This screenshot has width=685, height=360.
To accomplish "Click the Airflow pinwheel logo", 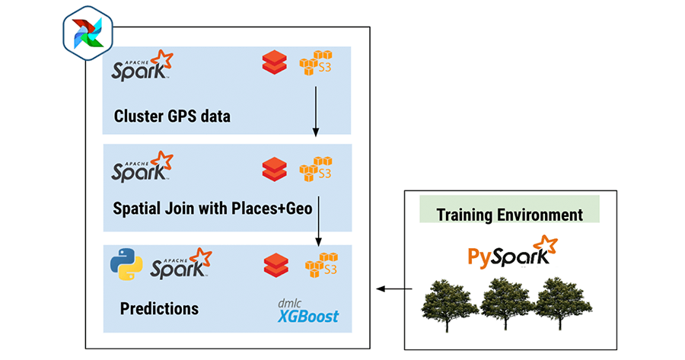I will (87, 33).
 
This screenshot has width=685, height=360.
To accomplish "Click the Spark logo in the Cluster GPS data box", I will (142, 66).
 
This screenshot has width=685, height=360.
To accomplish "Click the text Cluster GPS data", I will (172, 116).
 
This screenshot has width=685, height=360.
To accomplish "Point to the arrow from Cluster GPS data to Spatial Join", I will (316, 111).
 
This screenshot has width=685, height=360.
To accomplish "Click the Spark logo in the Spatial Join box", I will (142, 167).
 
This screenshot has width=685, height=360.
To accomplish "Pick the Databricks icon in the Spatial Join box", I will (273, 167).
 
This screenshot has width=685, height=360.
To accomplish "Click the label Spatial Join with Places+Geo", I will (212, 208).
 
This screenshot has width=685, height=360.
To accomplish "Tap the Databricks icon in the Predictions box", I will (276, 265).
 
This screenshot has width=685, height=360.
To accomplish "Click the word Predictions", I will (159, 309).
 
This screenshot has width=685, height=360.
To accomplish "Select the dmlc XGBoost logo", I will (308, 312).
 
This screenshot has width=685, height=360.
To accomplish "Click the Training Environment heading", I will (509, 214).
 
